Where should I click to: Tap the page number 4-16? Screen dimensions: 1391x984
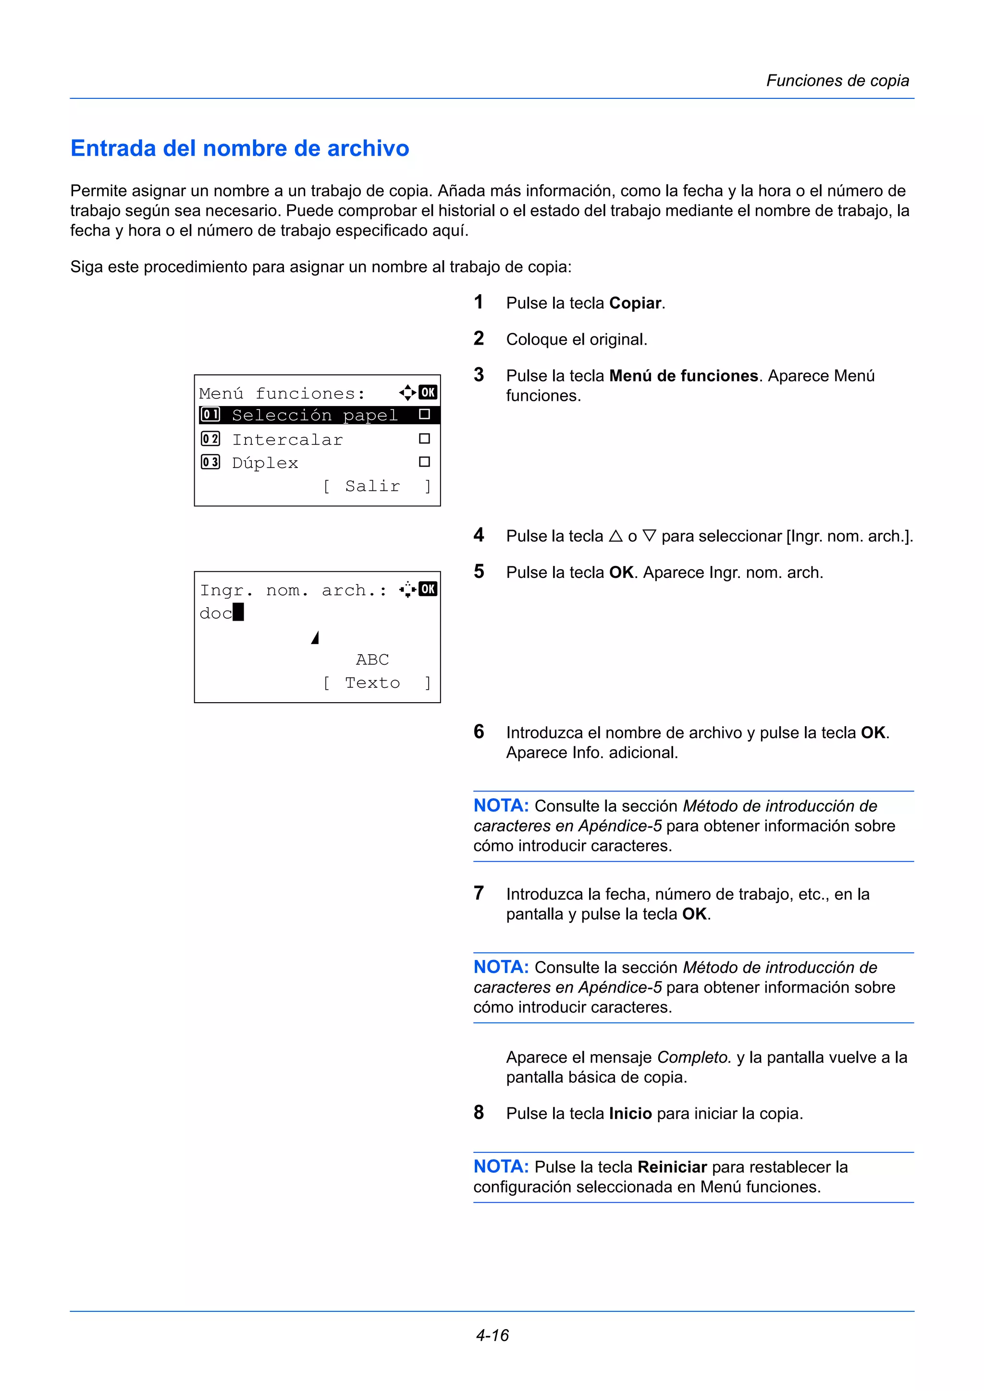pos(492,1335)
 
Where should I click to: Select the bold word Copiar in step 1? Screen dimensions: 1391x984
pos(634,303)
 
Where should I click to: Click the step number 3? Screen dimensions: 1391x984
pos(479,374)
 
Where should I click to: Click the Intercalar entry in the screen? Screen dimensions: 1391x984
pos(287,439)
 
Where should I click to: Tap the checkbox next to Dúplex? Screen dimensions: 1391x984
pos(424,462)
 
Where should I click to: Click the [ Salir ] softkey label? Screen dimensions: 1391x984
pos(376,486)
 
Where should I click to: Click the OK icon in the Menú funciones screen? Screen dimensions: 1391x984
pos(428,393)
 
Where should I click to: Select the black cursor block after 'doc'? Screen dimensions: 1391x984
pos(238,612)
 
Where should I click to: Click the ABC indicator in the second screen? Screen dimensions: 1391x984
pos(372,659)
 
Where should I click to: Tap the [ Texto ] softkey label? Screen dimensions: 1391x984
pos(376,683)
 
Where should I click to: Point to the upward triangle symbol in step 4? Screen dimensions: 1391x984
pos(615,536)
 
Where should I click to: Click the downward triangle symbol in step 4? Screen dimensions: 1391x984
pos(649,536)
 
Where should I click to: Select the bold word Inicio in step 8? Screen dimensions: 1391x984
pos(630,1114)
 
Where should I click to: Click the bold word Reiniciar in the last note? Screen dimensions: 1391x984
pos(672,1167)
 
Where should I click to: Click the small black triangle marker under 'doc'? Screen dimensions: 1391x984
pos(315,637)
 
